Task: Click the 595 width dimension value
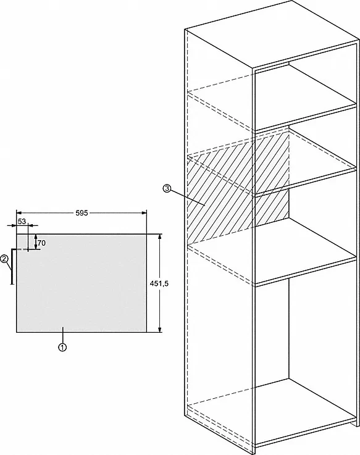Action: pos(82,213)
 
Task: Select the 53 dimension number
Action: pos(22,222)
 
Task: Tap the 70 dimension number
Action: pos(41,243)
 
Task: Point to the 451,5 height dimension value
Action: pos(159,284)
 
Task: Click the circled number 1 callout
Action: pos(62,347)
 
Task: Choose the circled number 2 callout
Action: pos(4,259)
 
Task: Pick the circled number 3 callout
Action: pos(167,189)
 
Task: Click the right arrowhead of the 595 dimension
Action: pos(144,213)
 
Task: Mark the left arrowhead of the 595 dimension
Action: pos(19,213)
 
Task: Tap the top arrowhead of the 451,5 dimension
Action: pos(159,236)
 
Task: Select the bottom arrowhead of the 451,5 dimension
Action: pos(159,329)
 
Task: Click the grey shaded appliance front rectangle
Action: pos(82,283)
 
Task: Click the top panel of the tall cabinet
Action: pos(272,35)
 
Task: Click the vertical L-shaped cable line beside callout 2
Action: pos(12,265)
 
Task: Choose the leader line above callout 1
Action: pos(63,335)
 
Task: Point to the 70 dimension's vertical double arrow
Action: pos(36,241)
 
